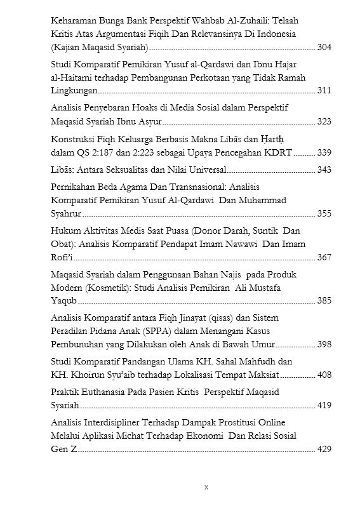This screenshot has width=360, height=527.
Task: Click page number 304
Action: pyautogui.click(x=324, y=48)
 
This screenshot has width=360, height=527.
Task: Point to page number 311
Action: pyautogui.click(x=324, y=91)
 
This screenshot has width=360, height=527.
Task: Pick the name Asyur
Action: pyautogui.click(x=149, y=121)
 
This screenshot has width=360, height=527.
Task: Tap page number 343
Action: pyautogui.click(x=324, y=170)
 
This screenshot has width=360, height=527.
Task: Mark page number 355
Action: pyautogui.click(x=324, y=214)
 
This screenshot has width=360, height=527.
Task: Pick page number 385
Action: pyautogui.click(x=324, y=301)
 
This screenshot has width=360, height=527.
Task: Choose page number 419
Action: pyautogui.click(x=324, y=406)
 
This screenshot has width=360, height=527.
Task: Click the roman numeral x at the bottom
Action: pyautogui.click(x=206, y=488)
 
